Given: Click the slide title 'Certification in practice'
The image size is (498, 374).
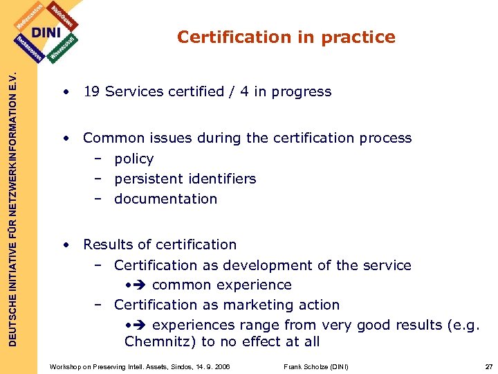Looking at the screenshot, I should (286, 37).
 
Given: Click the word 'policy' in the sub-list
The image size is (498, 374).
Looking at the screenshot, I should (134, 159).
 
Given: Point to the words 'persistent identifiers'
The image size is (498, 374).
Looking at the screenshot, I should (185, 179).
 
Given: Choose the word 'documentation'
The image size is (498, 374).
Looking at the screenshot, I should (165, 199).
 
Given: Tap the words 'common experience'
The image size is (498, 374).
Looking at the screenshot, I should (221, 285).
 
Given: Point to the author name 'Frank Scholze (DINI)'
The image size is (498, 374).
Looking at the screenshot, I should (316, 366).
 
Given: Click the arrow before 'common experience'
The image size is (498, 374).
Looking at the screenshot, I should (140, 285).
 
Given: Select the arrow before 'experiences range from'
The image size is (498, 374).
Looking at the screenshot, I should (140, 325).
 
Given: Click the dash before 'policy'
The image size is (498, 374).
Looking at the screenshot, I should (99, 159).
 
